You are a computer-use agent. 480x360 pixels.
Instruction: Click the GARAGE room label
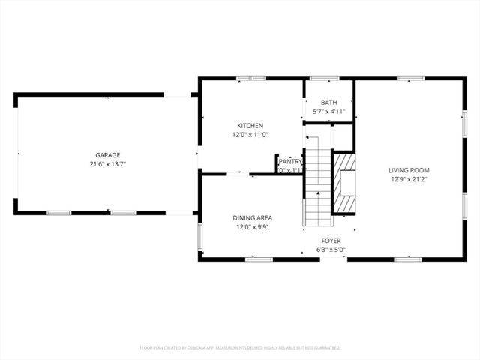[107, 155]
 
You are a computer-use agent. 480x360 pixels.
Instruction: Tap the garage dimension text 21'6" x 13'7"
[107, 164]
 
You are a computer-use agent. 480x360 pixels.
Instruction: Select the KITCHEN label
[250, 126]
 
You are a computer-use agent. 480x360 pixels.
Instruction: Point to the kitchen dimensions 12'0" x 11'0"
[250, 135]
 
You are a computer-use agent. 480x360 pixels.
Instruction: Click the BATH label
[328, 103]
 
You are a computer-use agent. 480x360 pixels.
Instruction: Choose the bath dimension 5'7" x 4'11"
[328, 112]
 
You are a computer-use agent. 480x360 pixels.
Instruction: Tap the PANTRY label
[290, 161]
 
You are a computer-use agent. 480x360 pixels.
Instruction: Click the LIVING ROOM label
[409, 170]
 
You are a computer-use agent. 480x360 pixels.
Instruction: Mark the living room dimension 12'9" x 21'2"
[409, 179]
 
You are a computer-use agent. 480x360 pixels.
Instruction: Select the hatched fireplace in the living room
[344, 184]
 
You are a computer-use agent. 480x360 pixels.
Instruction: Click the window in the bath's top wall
[323, 77]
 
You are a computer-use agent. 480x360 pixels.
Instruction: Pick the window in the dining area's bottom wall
[259, 259]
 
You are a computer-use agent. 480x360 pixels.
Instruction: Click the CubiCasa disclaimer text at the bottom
[240, 348]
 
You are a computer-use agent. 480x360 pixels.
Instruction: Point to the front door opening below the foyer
[333, 259]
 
